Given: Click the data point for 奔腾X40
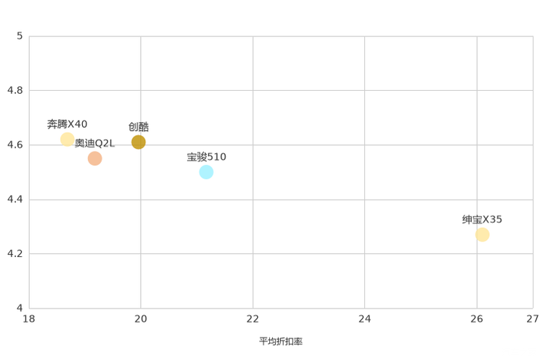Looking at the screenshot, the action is point(67,139).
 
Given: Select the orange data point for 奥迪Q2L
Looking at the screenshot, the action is point(94,158).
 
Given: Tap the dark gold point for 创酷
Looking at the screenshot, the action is point(138,142).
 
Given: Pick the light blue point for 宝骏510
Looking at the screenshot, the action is point(206,172).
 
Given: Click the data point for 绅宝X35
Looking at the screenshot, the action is point(482,234).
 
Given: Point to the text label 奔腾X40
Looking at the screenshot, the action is point(67,124).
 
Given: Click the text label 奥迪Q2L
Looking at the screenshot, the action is point(94,143).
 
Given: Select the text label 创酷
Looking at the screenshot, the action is point(139,127).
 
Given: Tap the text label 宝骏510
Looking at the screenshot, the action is point(206,157).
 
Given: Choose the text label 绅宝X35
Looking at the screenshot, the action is point(482,219).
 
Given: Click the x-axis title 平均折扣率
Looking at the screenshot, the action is point(281,341).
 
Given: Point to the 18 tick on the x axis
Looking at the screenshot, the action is point(29,319).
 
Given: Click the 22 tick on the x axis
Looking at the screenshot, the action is point(253,319).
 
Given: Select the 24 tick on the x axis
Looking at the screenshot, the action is point(364,319).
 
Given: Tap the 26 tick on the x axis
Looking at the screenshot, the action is point(477,319).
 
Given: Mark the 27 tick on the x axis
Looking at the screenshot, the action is point(533,319).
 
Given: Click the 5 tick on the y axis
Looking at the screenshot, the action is point(20,36).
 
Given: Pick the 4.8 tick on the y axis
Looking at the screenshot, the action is point(15,90).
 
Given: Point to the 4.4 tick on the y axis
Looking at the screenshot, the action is point(15,199).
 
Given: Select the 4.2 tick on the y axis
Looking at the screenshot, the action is point(15,253).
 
